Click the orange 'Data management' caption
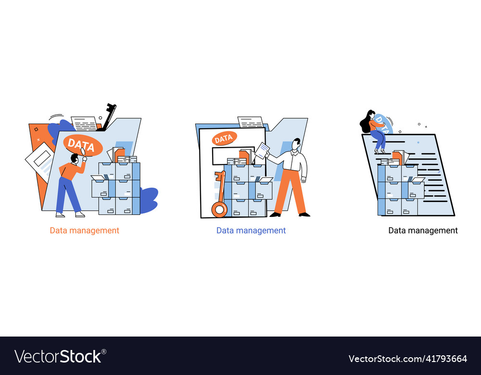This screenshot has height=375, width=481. [x=85, y=230]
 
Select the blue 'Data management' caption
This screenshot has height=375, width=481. [x=251, y=230]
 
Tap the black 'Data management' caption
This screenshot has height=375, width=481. [x=423, y=230]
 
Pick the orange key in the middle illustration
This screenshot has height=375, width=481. [x=220, y=197]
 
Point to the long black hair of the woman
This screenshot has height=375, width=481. [x=366, y=123]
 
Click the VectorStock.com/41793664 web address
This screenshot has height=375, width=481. [x=407, y=359]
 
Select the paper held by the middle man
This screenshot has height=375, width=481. [x=262, y=150]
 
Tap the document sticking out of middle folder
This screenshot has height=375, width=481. [x=251, y=122]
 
